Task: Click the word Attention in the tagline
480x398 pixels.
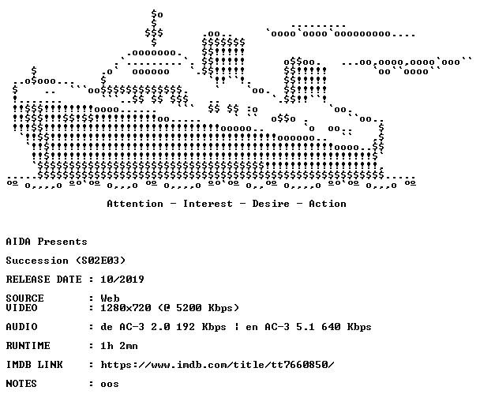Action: point(135,204)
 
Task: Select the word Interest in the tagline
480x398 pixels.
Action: point(208,204)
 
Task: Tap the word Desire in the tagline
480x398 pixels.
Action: point(271,204)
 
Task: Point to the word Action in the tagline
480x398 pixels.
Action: point(328,204)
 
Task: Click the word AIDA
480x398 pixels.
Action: point(18,242)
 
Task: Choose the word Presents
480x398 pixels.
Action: point(62,242)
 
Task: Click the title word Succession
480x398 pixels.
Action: point(37,261)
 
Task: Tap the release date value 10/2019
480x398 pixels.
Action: point(122,280)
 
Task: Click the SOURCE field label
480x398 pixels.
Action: point(24,298)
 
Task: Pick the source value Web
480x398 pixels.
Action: point(110,298)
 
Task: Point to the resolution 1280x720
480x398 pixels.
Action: point(126,308)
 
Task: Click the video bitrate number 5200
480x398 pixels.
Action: point(189,308)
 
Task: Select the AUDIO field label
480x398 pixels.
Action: point(21,327)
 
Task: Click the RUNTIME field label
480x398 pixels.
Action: point(28,346)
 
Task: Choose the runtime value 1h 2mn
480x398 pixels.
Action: point(119,346)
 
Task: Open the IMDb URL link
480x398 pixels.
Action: point(217,365)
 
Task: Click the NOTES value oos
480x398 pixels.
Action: point(110,384)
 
